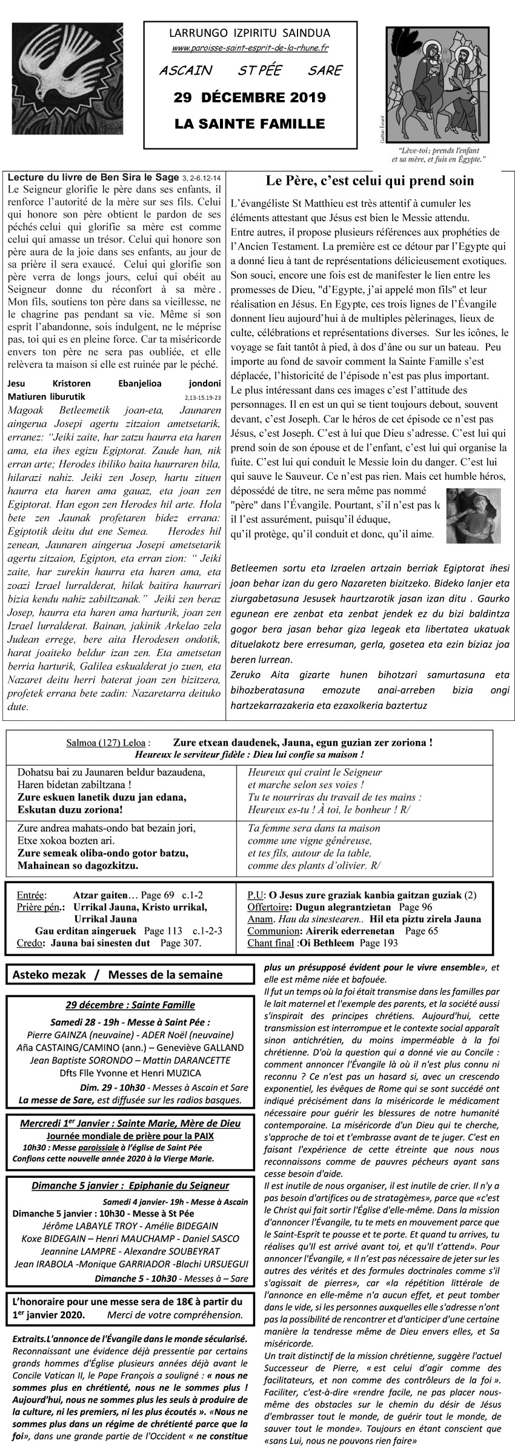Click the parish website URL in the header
tap(250, 48)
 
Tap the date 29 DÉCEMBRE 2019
tap(250, 98)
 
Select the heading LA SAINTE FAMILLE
tap(250, 124)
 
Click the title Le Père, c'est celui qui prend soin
tap(370, 181)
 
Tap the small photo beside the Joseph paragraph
tap(473, 515)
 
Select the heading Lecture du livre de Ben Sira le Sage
tap(93, 178)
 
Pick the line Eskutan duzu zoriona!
tap(70, 809)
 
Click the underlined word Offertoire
tap(268, 907)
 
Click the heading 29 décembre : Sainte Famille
tap(130, 1005)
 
